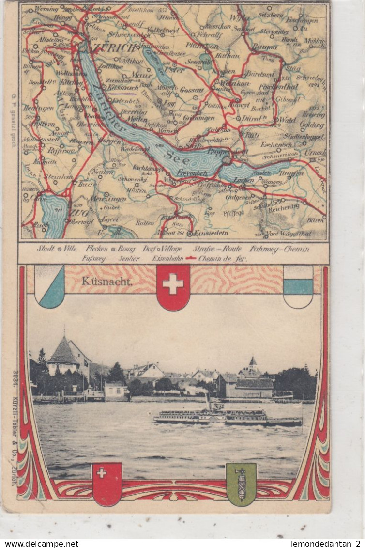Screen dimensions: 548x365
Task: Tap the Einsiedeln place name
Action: pyautogui.click(x=207, y=234)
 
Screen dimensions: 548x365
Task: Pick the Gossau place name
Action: pyautogui.click(x=191, y=90)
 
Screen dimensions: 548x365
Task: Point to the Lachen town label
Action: pyautogui.click(x=243, y=180)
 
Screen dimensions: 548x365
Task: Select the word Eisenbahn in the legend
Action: pyautogui.click(x=167, y=259)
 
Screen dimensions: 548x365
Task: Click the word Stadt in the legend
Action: pyautogui.click(x=46, y=249)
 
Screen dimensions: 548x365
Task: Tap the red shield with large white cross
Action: pyautogui.click(x=173, y=287)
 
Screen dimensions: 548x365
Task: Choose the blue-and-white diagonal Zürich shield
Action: pyautogui.click(x=49, y=286)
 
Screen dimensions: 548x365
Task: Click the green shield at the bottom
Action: pyautogui.click(x=241, y=484)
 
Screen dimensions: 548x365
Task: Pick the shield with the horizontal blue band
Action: pyautogui.click(x=298, y=286)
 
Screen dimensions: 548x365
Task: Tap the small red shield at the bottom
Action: pyautogui.click(x=107, y=484)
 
